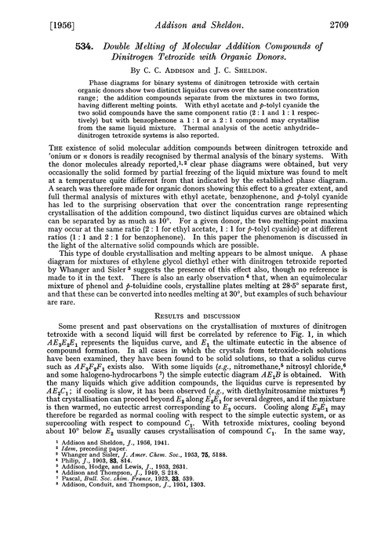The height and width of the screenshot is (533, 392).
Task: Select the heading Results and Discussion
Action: pyautogui.click(x=195, y=294)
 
